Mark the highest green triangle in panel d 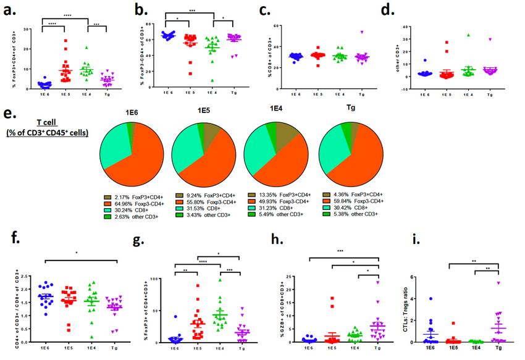click(x=469, y=35)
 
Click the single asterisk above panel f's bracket click(x=77, y=251)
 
